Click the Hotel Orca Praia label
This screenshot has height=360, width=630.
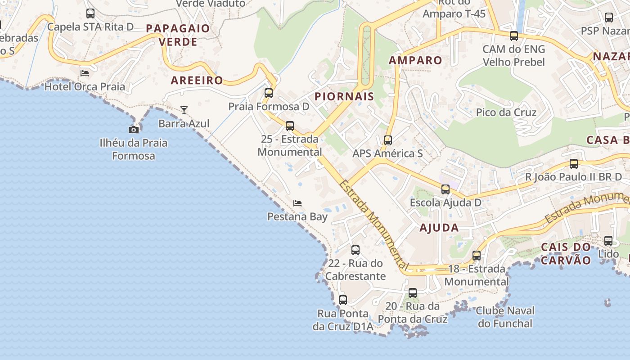pos(85,86)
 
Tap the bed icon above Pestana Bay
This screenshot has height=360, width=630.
pos(297,203)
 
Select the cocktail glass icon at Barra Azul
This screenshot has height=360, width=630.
pos(184,110)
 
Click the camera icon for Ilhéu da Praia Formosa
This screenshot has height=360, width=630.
pos(134,130)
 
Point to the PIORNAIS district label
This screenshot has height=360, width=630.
pos(344,96)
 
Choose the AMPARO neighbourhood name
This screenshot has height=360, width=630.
pos(415,60)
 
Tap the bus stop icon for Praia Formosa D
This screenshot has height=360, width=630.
pos(269,93)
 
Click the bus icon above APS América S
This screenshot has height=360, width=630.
pos(387,140)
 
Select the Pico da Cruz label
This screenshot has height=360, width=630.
pos(506,112)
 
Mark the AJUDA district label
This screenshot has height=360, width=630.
pos(439,227)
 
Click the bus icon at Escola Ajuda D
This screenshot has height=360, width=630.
pos(445,189)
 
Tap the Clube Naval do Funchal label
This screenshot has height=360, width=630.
pos(505,317)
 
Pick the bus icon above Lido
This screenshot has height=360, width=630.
pos(608,241)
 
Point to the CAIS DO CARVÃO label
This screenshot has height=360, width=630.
pos(566,253)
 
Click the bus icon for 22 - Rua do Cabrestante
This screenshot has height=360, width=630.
pos(355,250)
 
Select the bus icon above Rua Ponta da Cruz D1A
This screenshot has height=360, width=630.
pos(343,300)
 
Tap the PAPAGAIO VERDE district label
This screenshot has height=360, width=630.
pos(178,35)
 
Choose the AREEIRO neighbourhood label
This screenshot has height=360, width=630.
pos(197,81)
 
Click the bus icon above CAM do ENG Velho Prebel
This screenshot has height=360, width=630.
pos(513,36)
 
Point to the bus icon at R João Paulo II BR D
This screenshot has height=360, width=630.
pos(574,164)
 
